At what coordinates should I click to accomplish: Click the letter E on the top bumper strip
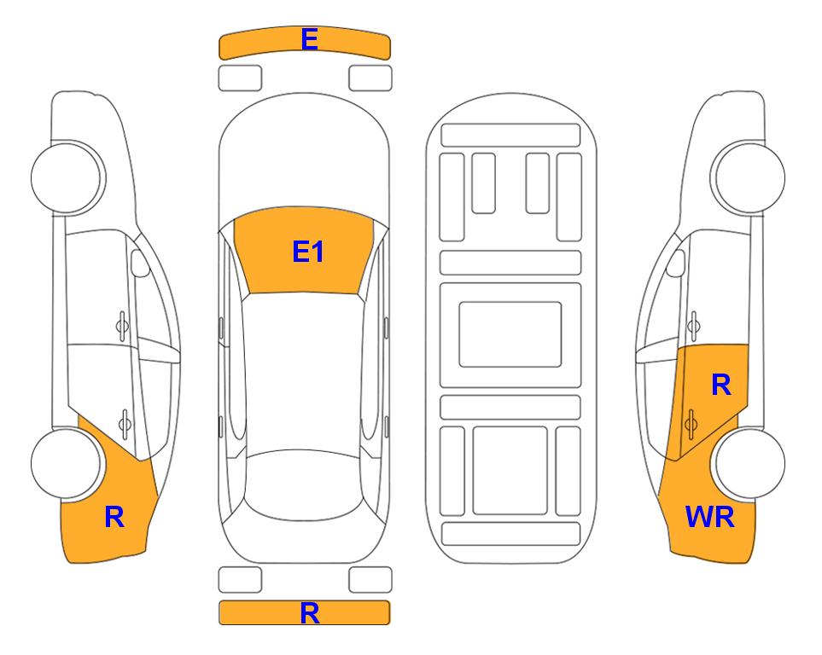click(309, 39)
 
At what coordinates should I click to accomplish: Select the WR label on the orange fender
click(710, 517)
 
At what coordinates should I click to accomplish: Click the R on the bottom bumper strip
click(309, 613)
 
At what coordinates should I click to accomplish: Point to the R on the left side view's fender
click(114, 517)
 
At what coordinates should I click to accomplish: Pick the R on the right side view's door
click(720, 385)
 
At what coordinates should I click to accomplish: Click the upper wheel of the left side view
click(67, 177)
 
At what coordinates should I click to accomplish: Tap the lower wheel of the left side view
click(67, 464)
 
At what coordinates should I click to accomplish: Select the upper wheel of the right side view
click(748, 177)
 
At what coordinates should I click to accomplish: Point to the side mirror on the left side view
click(140, 263)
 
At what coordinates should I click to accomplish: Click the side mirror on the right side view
click(675, 263)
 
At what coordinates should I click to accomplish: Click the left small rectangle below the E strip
click(240, 78)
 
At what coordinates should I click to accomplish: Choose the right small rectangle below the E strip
click(370, 78)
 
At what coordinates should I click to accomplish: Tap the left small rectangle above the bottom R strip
click(240, 580)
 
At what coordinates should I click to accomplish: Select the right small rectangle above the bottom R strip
click(370, 580)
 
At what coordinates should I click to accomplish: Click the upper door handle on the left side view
click(122, 326)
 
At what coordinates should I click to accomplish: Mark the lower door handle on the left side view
click(125, 423)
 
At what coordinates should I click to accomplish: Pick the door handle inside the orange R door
click(691, 423)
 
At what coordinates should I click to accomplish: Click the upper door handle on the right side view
click(693, 326)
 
